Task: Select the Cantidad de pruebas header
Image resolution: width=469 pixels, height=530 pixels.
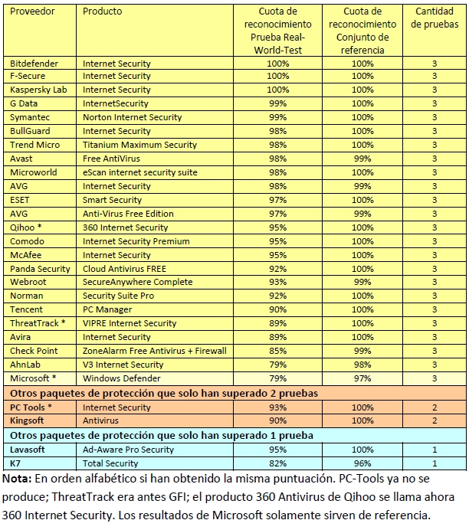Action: [434, 18]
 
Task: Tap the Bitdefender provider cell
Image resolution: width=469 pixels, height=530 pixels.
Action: [34, 63]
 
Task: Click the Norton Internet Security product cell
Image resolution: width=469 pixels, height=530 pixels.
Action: [132, 117]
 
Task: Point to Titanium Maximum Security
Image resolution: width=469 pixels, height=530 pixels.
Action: [139, 145]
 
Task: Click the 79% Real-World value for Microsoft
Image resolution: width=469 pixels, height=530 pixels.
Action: [277, 378]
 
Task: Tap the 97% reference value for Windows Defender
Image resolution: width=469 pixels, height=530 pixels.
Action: [362, 378]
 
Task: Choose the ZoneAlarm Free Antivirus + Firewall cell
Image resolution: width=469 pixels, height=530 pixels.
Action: [154, 351]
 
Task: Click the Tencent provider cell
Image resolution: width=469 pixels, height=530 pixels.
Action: [27, 309]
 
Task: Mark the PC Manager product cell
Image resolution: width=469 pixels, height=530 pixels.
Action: [107, 309]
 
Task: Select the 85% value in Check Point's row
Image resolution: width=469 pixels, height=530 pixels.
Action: [277, 351]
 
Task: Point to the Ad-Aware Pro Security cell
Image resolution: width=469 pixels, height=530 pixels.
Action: [128, 450]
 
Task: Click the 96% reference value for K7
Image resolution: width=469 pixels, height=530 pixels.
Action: [362, 463]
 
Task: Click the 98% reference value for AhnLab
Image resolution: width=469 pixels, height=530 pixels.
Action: [362, 365]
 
